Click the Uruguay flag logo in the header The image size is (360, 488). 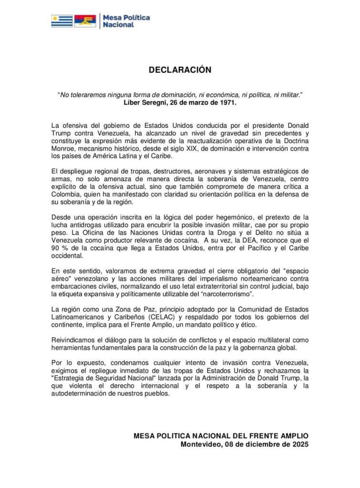[x=62, y=20]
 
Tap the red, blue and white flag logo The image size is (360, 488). [x=85, y=20]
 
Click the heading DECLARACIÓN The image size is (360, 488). [x=180, y=70]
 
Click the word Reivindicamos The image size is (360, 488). [x=75, y=340]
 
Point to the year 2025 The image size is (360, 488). [x=299, y=444]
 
